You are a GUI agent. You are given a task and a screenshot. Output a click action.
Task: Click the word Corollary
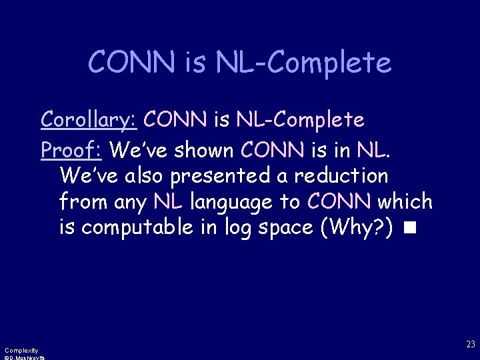[x=88, y=120]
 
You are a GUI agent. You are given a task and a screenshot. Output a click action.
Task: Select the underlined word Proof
[x=70, y=151]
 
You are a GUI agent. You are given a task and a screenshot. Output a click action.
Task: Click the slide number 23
[x=471, y=345]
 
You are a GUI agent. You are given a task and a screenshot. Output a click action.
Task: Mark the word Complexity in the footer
[x=21, y=350]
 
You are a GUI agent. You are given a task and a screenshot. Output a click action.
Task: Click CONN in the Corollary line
[x=175, y=120]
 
